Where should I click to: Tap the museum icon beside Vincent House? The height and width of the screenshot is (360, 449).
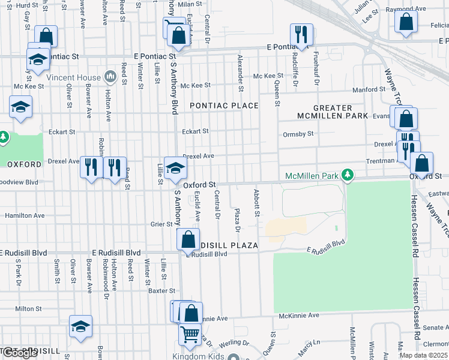tap(110, 76)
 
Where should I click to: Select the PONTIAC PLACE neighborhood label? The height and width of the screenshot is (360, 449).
tap(224, 106)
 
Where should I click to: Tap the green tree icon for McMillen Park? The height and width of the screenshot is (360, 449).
tap(346, 175)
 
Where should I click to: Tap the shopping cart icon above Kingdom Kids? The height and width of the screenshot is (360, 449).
tap(190, 333)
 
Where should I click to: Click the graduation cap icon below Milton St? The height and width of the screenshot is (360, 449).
tap(80, 326)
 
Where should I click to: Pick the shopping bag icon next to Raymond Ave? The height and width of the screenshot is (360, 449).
tap(406, 21)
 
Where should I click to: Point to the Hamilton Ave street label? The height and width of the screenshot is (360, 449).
tap(25, 215)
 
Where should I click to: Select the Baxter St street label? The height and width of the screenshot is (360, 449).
tap(161, 291)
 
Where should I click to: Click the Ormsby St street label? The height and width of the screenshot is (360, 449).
tap(298, 134)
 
